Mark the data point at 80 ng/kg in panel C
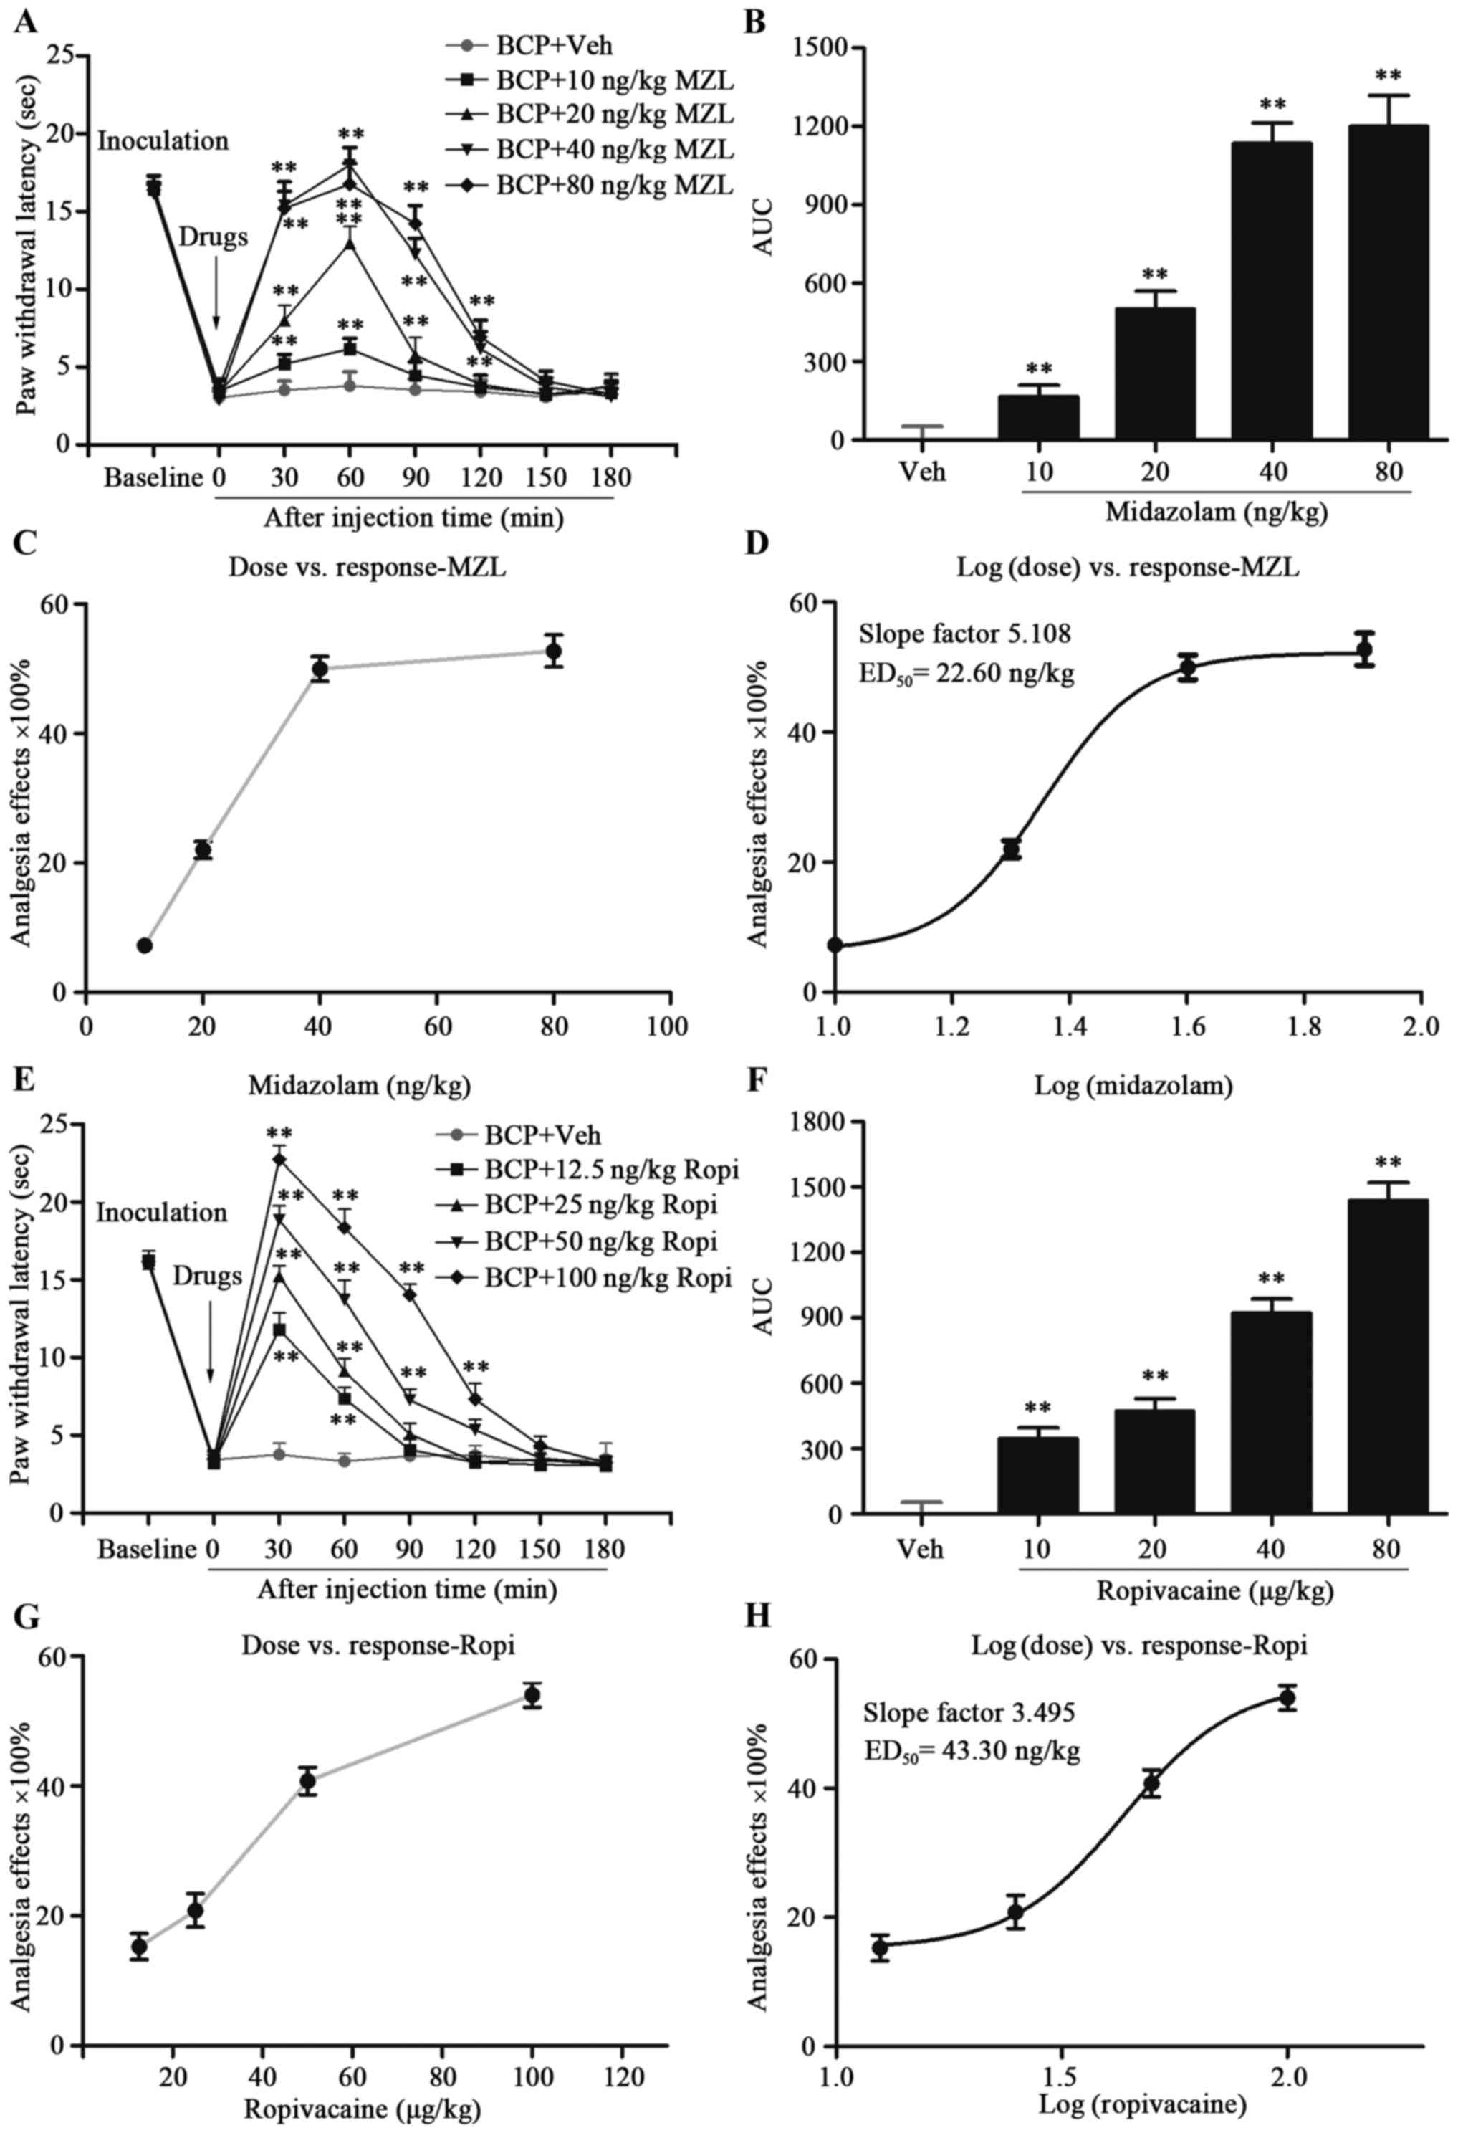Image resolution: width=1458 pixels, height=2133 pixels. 553,651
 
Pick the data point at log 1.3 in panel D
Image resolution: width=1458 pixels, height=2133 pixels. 1011,849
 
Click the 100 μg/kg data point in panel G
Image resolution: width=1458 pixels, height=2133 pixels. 532,1695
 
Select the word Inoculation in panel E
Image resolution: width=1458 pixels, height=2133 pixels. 161,1213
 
